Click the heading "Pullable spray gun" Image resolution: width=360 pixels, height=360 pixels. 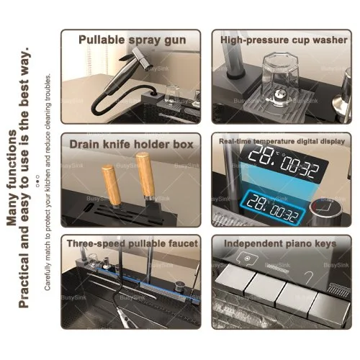pyautogui.click(x=132, y=40)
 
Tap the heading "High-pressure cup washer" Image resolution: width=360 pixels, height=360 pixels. pyautogui.click(x=284, y=40)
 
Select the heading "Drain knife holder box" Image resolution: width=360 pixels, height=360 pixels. pyautogui.click(x=131, y=144)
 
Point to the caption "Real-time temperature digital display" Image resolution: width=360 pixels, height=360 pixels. pyautogui.click(x=282, y=141)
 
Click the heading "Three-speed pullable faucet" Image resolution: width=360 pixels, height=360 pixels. pyautogui.click(x=132, y=243)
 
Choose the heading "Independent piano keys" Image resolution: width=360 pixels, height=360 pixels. pyautogui.click(x=280, y=243)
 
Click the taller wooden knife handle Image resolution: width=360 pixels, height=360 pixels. pyautogui.click(x=145, y=174)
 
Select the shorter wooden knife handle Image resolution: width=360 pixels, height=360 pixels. pyautogui.click(x=111, y=185)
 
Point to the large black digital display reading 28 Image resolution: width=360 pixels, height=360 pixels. pyautogui.click(x=284, y=163)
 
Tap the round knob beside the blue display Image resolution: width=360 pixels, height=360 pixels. pyautogui.click(x=325, y=209)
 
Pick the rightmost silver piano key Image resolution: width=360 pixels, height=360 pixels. pyautogui.click(x=329, y=307)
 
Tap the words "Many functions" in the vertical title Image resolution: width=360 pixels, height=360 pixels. pyautogui.click(x=12, y=178)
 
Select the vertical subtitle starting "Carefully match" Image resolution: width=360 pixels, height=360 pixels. pyautogui.click(x=48, y=181)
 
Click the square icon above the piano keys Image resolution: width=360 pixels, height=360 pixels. pyautogui.click(x=247, y=258)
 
